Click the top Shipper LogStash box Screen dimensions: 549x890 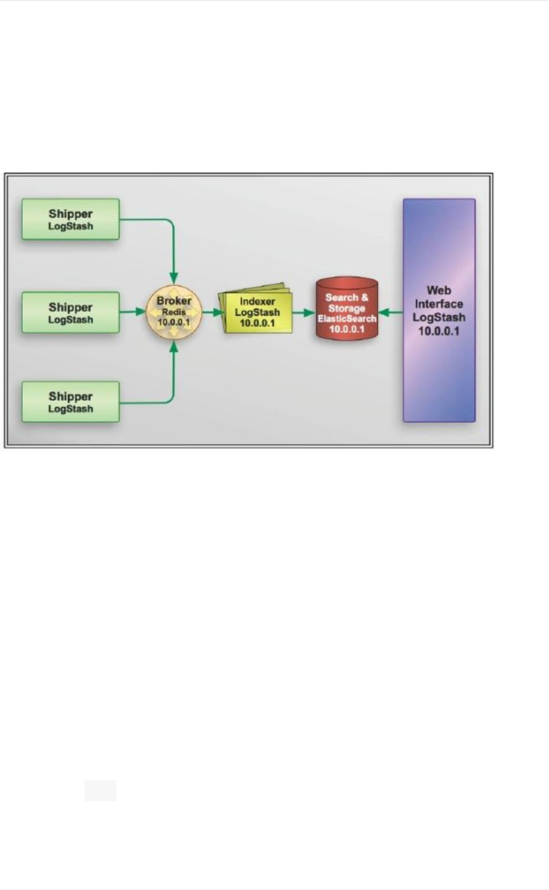70,219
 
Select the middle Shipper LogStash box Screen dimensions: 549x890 70,312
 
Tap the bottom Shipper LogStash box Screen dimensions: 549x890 70,401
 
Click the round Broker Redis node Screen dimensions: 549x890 173,312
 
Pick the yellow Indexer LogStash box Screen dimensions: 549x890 257,312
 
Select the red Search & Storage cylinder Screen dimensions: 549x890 346,309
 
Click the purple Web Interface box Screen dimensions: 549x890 439,310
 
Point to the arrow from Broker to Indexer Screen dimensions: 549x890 212,312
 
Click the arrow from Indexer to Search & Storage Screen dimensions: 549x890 303,313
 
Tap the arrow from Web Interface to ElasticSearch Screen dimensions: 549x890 390,313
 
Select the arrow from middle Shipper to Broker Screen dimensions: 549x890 133,312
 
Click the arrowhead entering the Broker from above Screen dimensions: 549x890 173,279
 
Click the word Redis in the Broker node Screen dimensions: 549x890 173,312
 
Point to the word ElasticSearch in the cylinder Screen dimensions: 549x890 346,319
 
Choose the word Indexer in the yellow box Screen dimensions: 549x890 257,301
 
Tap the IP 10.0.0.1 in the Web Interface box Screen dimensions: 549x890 439,332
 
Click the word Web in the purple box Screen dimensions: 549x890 439,290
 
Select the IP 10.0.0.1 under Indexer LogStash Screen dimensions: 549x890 257,323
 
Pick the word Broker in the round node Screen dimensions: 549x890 173,301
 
